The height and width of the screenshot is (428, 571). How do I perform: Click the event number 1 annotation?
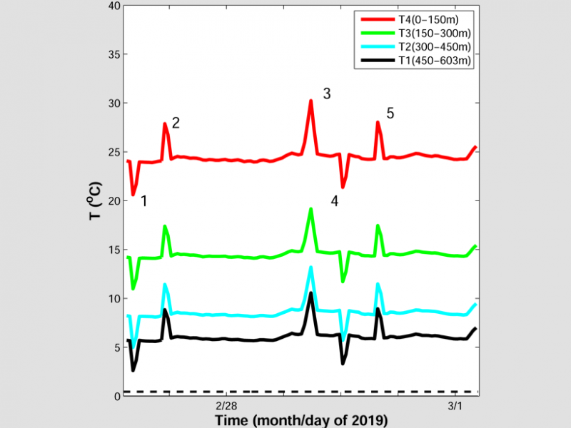coord(143,201)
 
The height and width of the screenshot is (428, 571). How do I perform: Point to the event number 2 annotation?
coord(176,123)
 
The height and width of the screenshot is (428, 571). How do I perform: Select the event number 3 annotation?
coord(327,93)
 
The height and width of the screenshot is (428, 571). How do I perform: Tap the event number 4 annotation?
coord(334,201)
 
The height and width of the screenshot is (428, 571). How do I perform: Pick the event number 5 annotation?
coord(390,113)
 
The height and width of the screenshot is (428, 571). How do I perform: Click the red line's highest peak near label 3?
coord(311,101)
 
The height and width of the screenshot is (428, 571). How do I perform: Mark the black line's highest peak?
coord(311,292)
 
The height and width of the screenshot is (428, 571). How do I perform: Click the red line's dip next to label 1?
coord(133,195)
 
